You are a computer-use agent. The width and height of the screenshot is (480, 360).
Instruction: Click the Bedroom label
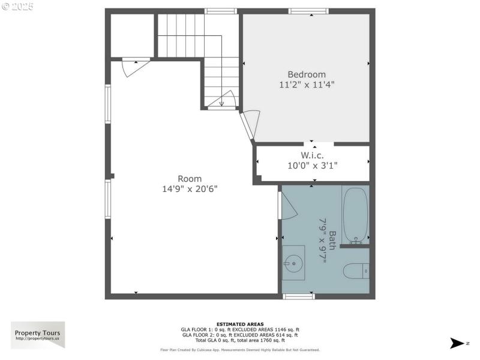coord(306,74)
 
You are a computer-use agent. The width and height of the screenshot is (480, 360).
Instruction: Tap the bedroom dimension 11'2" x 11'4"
coord(306,85)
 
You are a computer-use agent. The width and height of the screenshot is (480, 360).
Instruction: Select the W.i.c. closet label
coord(312,155)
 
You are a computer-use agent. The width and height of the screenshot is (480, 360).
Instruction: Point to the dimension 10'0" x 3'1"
coord(312,165)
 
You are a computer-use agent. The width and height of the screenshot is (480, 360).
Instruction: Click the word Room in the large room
coord(190,178)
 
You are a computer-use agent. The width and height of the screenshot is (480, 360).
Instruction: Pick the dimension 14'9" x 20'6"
coord(190,188)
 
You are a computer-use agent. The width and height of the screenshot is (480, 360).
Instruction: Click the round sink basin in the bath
coord(293,262)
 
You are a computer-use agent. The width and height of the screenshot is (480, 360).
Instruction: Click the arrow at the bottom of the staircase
coord(221,101)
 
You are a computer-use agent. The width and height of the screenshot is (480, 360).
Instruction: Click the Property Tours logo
coord(38,335)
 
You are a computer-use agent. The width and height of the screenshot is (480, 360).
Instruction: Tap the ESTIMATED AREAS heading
coord(240,324)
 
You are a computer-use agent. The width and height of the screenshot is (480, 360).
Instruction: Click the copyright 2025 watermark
coord(18,7)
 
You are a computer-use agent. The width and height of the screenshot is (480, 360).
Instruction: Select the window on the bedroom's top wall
coord(308,11)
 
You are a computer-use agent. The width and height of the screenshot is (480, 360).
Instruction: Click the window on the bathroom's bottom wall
coord(298,296)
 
